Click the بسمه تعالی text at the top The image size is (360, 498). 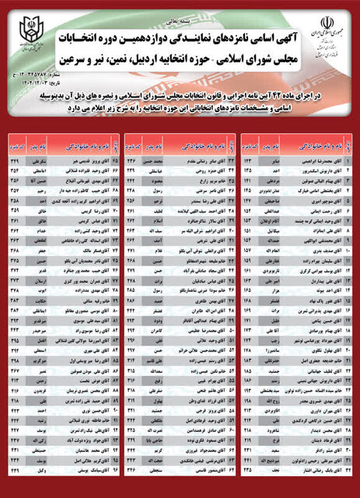tap(180, 6)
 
